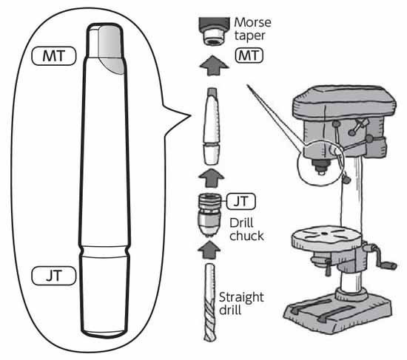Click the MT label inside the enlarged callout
point(54,55)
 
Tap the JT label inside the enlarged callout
point(54,276)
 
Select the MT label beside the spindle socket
point(249,55)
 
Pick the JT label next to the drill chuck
point(241,201)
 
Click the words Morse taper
point(252,29)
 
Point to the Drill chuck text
point(246,229)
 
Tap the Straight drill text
point(241,303)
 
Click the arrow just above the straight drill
point(209,250)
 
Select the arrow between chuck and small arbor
point(211,178)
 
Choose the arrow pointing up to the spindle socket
point(214,65)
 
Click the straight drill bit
point(209,302)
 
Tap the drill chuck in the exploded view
point(209,215)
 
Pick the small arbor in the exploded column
point(212,126)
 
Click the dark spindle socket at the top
point(214,30)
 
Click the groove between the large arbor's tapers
point(104,251)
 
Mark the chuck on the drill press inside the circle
point(321,166)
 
